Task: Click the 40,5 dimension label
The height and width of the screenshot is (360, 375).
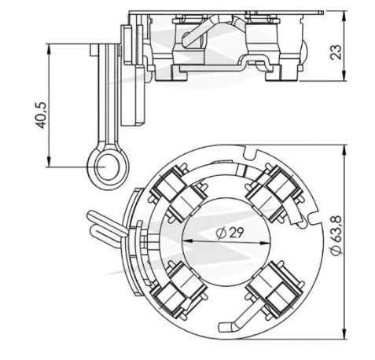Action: (x=41, y=116)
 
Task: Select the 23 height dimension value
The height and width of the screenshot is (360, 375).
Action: (x=336, y=53)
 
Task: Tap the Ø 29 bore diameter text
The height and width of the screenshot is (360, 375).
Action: (x=230, y=233)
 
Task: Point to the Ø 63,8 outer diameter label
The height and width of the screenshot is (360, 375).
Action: (x=336, y=235)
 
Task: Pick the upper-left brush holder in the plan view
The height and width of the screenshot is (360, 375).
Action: (x=178, y=194)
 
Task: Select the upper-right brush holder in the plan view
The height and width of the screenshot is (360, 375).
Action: (x=274, y=193)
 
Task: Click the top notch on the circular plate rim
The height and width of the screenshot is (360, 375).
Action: (x=249, y=153)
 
